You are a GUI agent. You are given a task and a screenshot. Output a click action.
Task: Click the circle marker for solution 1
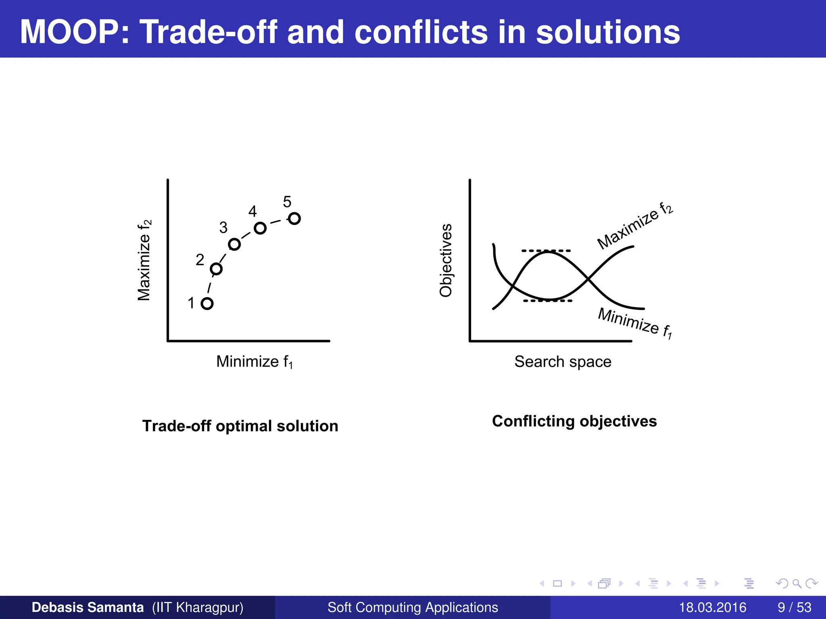coord(207,303)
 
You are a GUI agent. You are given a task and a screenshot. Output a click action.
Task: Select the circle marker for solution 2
coord(216,269)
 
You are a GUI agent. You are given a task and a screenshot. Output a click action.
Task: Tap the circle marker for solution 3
coord(234,244)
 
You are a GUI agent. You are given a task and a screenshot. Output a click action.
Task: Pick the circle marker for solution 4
coord(260,228)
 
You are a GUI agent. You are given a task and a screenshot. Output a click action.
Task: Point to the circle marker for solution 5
coord(294,218)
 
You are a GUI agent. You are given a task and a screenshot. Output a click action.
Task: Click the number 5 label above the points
coord(287,202)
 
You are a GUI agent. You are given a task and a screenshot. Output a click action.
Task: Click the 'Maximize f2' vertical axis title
coord(144,260)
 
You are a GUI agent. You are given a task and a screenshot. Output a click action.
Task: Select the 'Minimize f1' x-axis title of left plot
coord(254,362)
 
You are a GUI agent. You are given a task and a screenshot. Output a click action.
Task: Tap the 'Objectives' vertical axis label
coord(446,260)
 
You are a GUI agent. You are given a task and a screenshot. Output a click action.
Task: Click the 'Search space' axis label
coord(563,362)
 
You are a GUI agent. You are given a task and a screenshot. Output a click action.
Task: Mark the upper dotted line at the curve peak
coord(546,251)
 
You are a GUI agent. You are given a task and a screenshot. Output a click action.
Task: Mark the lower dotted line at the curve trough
coord(547,301)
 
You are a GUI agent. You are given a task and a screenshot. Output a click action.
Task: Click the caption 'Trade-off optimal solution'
coord(240,426)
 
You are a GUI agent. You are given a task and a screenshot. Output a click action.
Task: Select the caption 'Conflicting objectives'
coord(574,421)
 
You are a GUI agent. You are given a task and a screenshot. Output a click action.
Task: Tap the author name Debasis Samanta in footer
coord(88,607)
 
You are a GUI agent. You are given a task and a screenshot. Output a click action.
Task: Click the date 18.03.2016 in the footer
coord(712,607)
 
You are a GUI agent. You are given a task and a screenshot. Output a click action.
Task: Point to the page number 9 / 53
coord(794,607)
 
